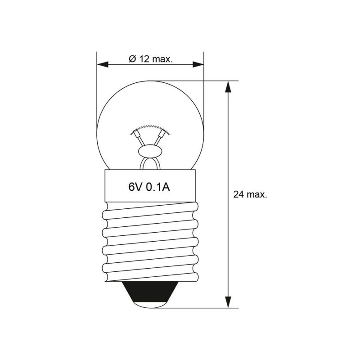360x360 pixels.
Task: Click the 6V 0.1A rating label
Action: point(149,187)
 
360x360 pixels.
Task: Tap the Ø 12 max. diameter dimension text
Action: point(150,59)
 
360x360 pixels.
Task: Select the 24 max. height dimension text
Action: point(250,194)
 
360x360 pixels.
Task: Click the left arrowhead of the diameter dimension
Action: point(103,64)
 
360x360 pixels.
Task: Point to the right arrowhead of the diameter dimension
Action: point(198,64)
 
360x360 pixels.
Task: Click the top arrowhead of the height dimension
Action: point(228,87)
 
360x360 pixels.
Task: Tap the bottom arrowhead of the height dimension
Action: point(228,302)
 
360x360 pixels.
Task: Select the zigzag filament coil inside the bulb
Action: point(150,130)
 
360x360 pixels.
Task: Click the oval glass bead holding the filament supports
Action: point(150,152)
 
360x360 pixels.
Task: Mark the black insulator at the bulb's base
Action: point(150,292)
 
